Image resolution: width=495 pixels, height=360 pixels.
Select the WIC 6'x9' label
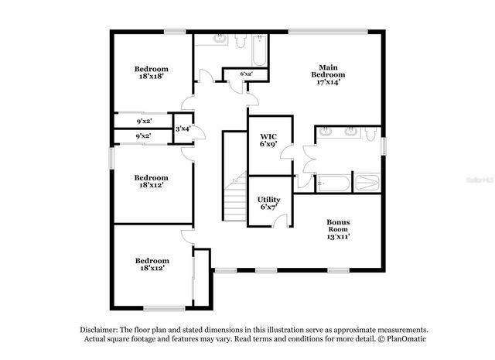tap(268, 140)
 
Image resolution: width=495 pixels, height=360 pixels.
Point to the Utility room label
tap(268, 203)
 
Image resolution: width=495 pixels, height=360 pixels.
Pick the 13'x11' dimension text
tap(337, 236)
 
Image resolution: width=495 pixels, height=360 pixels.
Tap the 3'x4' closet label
tap(183, 129)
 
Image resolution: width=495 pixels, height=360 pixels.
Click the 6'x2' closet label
tap(247, 74)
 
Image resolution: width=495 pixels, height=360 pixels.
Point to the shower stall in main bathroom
tap(367, 183)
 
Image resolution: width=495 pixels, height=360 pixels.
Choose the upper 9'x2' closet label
tap(144, 122)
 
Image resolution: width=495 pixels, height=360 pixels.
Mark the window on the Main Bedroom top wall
tap(328, 32)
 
